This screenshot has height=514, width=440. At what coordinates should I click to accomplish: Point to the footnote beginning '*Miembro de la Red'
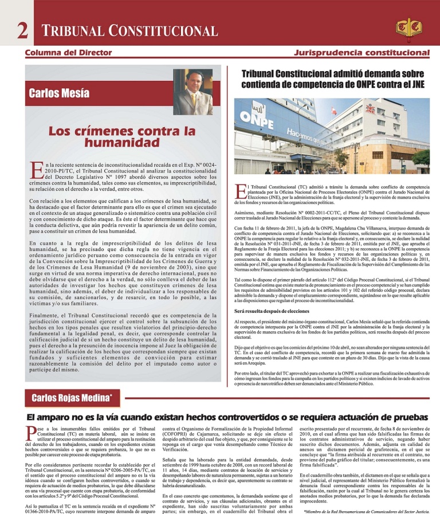point(367,509)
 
